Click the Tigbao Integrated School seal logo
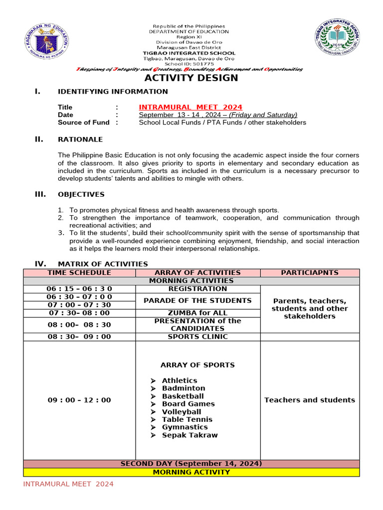pos(342,42)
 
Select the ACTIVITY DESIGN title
pos(191,78)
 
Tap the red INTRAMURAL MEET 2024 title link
pos(191,107)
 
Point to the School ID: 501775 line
pos(189,64)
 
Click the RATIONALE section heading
pos(80,139)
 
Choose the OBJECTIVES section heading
pos(81,194)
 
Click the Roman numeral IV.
pos(40,263)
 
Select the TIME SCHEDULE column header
pos(79,272)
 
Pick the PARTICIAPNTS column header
pos(310,272)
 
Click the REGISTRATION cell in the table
pos(197,289)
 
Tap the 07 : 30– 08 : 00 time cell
pos(79,313)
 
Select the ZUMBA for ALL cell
pos(197,313)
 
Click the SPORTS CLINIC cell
pos(197,337)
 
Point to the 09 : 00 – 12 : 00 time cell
pos(79,400)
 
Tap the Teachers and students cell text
pos(310,400)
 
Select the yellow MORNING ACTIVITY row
pos(191,472)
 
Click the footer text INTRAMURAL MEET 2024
pos(68,484)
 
